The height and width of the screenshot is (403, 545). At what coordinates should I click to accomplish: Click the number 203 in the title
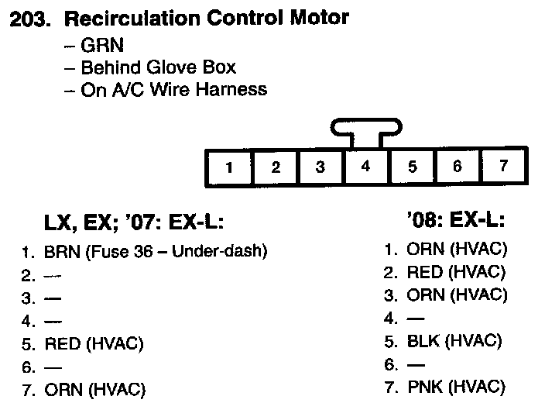pos(29,19)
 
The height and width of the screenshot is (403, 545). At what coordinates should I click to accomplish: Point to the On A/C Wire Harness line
pos(166,89)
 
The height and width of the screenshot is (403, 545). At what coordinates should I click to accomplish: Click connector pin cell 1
pos(230,167)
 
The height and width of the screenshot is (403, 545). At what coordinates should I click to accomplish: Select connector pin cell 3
pos(320,167)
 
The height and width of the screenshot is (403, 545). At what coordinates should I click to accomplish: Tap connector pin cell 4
pos(365,166)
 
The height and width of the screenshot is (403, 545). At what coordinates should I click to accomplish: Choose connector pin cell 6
pos(457,166)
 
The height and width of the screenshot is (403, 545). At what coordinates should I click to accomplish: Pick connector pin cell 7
pos(502,166)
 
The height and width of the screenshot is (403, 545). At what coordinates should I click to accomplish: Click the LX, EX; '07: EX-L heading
pos(133,224)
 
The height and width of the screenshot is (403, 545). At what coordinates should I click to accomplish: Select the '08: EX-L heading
pos(454,222)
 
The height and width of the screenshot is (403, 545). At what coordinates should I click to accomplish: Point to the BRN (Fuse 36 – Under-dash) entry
pos(155,252)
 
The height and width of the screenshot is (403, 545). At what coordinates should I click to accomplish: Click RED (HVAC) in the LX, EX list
pos(94,343)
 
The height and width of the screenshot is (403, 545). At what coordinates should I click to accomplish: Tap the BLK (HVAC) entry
pos(454,340)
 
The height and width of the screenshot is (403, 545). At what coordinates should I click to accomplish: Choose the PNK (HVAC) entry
pos(455,386)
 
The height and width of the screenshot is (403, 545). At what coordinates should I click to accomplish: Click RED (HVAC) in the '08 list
pos(456,272)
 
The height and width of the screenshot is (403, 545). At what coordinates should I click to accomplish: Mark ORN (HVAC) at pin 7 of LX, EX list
pos(94,389)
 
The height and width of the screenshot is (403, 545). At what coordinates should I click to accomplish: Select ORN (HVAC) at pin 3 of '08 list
pos(456,294)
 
